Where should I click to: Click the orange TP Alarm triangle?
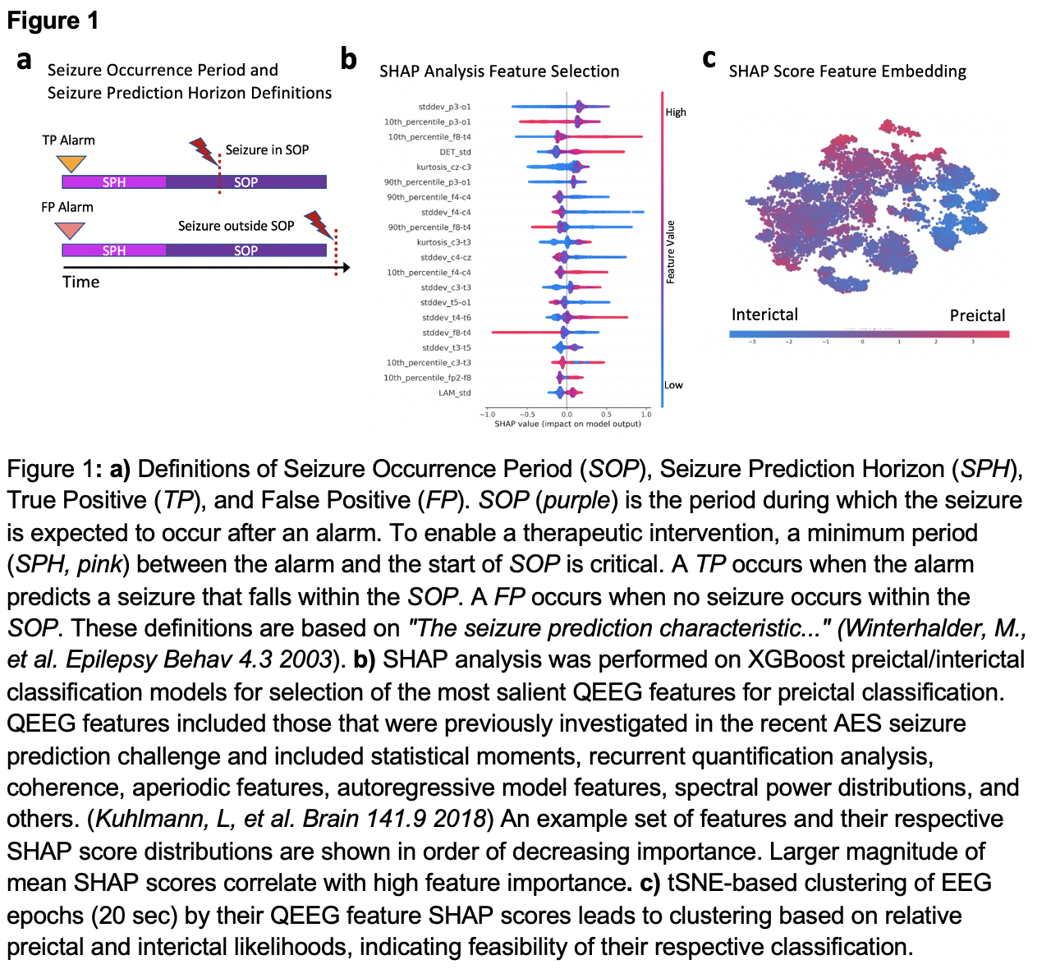tap(72, 163)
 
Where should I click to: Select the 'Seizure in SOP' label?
tap(267, 150)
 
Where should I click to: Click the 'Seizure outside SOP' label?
tap(236, 226)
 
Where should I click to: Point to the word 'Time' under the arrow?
tap(80, 282)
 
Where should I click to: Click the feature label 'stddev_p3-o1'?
tap(444, 107)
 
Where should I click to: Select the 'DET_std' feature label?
tap(455, 152)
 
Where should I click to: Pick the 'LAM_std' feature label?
tap(454, 393)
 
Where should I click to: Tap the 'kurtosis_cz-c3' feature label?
tap(443, 167)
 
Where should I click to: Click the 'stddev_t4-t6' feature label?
tap(446, 318)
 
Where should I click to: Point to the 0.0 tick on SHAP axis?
tap(567, 415)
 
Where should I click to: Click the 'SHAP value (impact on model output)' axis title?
tap(567, 424)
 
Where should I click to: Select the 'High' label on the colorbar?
tap(676, 113)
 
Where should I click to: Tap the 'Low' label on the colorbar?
tap(673, 385)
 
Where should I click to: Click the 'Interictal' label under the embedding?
tap(764, 315)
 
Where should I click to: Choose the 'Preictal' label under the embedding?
tap(977, 315)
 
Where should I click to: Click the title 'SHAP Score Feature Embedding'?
tap(847, 71)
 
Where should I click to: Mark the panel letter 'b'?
tap(349, 59)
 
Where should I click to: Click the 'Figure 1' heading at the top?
tap(53, 21)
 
